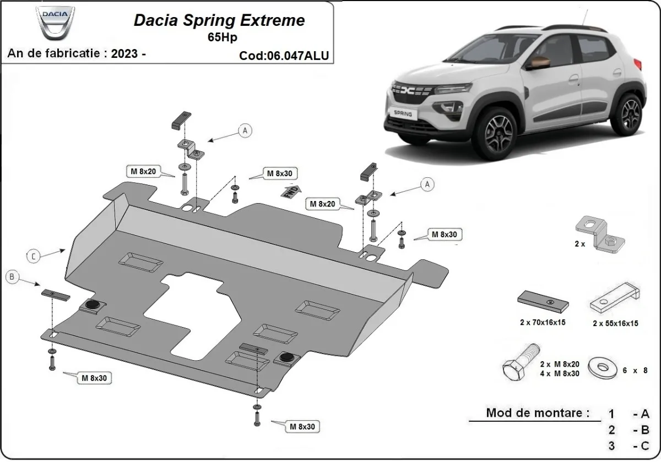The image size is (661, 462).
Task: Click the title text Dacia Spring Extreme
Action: pyautogui.click(x=219, y=21)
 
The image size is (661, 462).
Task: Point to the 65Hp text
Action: pyautogui.click(x=219, y=37)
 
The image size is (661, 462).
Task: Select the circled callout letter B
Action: pyautogui.click(x=13, y=277)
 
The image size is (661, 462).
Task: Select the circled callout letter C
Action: pyautogui.click(x=34, y=255)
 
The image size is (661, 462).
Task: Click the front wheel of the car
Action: pyautogui.click(x=499, y=131)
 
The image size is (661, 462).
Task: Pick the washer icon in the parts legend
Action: pyautogui.click(x=602, y=367)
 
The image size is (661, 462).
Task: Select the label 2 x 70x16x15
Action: pyautogui.click(x=543, y=323)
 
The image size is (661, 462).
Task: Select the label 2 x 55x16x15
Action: pyautogui.click(x=615, y=323)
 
